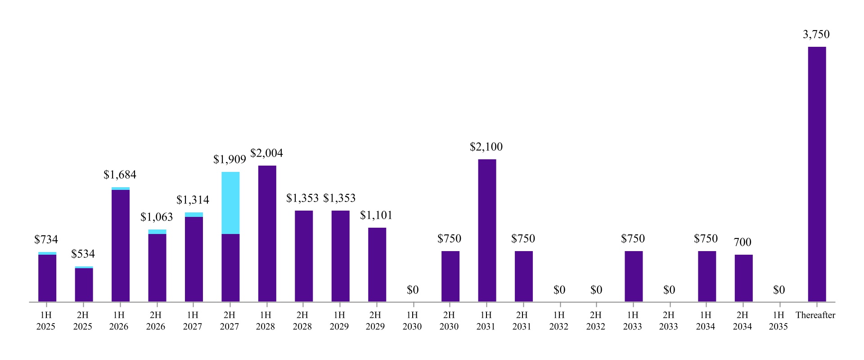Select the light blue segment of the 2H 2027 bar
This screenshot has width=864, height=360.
(230, 203)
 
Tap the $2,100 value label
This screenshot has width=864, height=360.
(486, 147)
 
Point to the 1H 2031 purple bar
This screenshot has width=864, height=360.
(487, 230)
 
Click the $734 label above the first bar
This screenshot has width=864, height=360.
(46, 239)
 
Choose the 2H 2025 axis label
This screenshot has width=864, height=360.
(83, 321)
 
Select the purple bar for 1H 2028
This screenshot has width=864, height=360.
(267, 234)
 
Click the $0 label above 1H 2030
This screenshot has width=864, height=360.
(413, 290)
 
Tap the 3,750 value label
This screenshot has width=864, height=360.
(816, 34)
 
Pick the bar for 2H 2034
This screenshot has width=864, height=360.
(743, 278)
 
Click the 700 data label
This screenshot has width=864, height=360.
(742, 242)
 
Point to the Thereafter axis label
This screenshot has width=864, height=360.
(815, 315)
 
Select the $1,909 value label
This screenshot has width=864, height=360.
(229, 159)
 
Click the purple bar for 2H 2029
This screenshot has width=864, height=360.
(377, 265)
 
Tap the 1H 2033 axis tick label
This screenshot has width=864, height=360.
(633, 321)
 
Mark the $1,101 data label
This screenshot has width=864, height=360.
(376, 215)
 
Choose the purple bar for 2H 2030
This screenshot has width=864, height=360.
(450, 276)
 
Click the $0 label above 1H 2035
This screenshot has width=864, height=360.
(779, 290)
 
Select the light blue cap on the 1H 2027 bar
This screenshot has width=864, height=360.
(194, 215)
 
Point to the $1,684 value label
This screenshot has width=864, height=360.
(120, 175)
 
